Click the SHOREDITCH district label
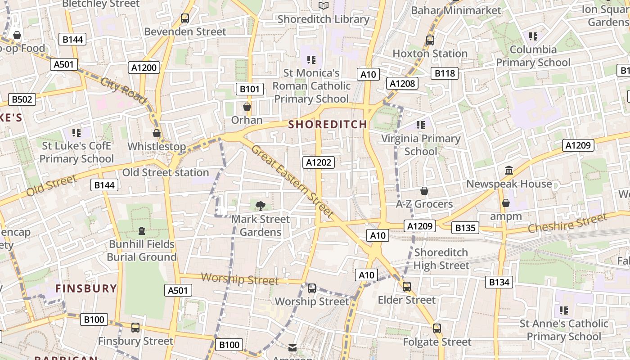[x=328, y=124]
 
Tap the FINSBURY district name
[x=86, y=288]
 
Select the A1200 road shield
[x=144, y=67]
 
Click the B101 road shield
[x=249, y=89]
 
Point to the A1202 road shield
[x=319, y=162]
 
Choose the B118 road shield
[x=444, y=73]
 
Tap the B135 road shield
[x=465, y=228]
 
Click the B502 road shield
[x=22, y=99]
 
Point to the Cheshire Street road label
[x=567, y=224]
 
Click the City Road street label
[x=123, y=90]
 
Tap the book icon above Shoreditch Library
[x=324, y=5]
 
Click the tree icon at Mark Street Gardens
[x=260, y=206]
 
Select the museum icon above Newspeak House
[x=509, y=171]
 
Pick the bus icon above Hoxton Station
[x=430, y=40]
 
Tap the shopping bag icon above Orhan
[x=247, y=107]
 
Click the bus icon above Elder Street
[x=407, y=286]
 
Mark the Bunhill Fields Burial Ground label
[x=142, y=251]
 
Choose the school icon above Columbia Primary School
[x=533, y=36]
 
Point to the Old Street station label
[x=166, y=172]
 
